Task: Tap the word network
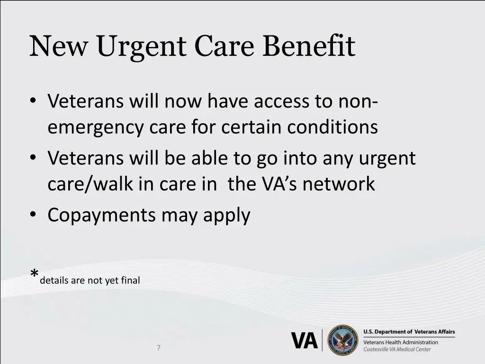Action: tap(339, 184)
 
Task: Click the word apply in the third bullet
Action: tap(227, 216)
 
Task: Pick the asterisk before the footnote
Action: tap(34, 274)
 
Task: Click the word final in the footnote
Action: tap(131, 281)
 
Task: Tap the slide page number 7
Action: tap(159, 348)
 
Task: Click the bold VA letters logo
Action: tap(304, 340)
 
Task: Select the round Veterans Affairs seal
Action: tap(343, 340)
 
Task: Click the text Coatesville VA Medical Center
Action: tap(397, 350)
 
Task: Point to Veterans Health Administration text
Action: tap(401, 342)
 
